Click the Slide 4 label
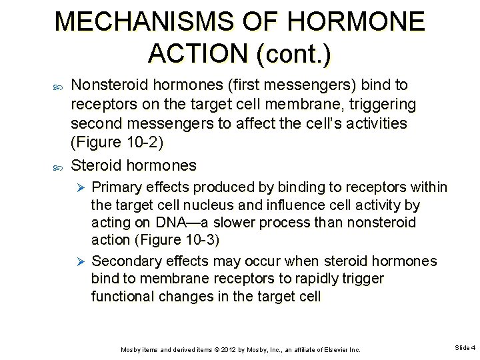(x=465, y=348)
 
